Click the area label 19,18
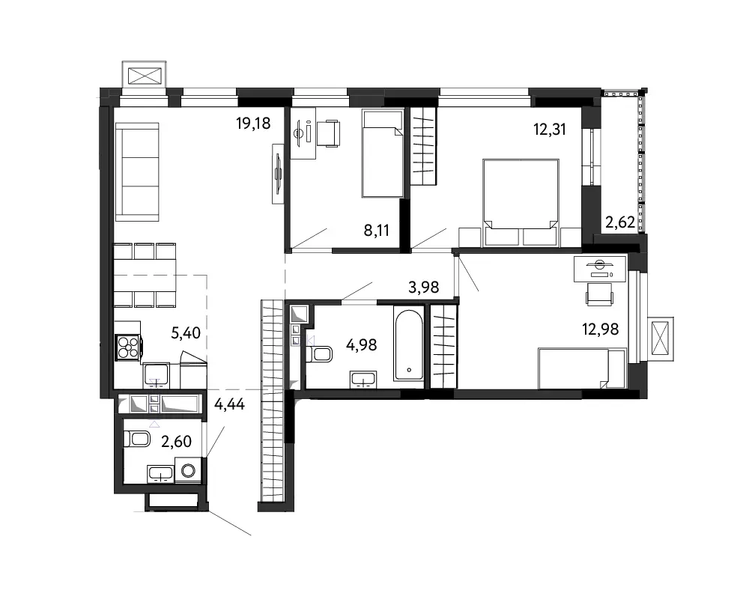coord(253,124)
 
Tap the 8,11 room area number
coord(377,231)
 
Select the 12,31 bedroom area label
coord(550,129)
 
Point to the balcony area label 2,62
coord(620,222)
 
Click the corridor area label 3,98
coord(424,287)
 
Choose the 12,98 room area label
coord(601,329)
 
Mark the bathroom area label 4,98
coord(361,345)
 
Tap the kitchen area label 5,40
coord(186,333)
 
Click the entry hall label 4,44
coord(229,404)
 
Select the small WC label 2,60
coord(176,442)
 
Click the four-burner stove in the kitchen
coord(128,347)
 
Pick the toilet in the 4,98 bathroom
coord(319,354)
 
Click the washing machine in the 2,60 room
coord(188,470)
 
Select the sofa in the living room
coord(137,172)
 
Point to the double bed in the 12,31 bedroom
coord(521,202)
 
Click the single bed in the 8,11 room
coord(383,153)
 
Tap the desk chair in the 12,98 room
coord(599,294)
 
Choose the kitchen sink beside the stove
coord(156,375)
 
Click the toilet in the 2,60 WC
coord(137,439)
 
